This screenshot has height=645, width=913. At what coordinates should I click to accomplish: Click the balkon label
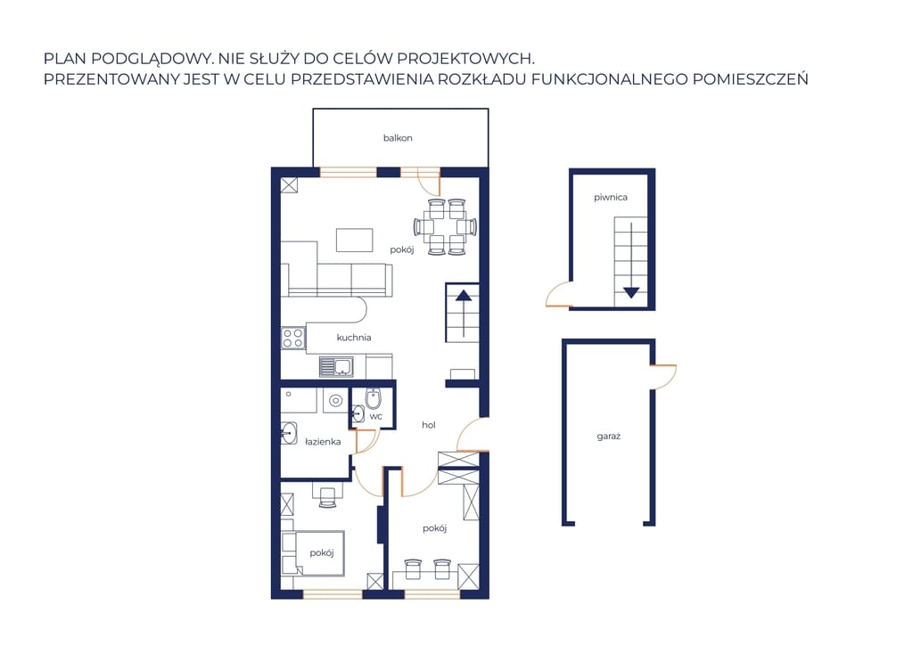click(x=398, y=138)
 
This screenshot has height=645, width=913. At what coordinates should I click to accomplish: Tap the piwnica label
click(x=610, y=197)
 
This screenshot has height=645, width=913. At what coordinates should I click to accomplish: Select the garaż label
click(x=608, y=437)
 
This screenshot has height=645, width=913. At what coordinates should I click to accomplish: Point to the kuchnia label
click(x=353, y=338)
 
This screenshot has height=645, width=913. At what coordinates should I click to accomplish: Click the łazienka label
click(x=323, y=442)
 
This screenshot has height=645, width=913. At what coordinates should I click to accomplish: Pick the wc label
click(x=376, y=416)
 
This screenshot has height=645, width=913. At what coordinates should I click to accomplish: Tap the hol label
click(x=429, y=425)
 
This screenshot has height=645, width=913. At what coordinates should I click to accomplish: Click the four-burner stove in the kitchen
click(x=292, y=338)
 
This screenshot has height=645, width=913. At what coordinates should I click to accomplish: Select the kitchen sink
click(x=336, y=366)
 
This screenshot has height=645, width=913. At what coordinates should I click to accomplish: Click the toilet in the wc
click(x=374, y=398)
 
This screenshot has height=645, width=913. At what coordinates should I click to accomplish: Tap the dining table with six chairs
click(x=446, y=227)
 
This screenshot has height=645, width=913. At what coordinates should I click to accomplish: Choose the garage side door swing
click(x=662, y=377)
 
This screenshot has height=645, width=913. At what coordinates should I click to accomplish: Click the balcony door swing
click(x=429, y=182)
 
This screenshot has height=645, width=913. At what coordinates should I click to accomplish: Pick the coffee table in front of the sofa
click(x=355, y=241)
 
